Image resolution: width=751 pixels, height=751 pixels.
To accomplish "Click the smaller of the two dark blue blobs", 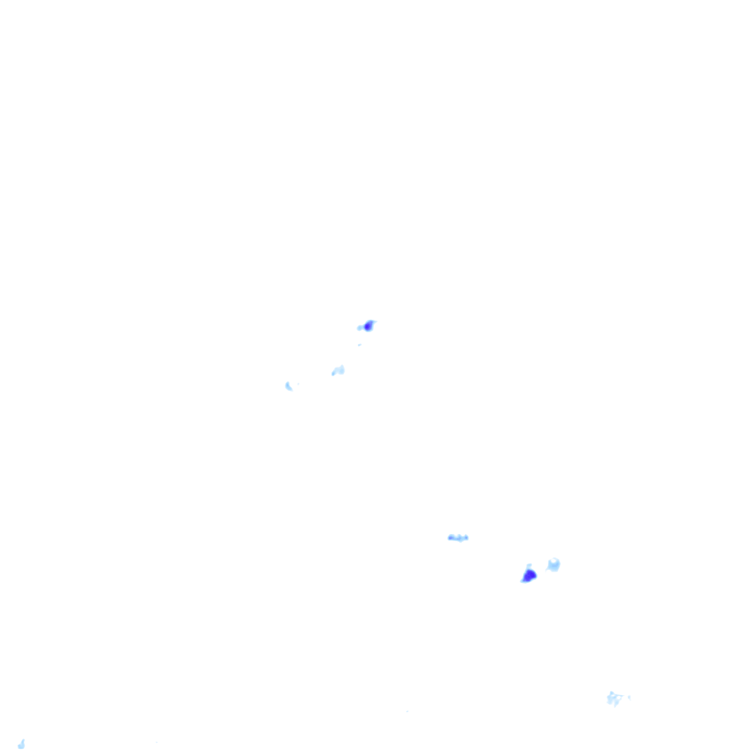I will click(x=368, y=326).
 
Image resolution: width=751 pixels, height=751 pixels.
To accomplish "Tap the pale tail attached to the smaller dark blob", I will click(x=360, y=328).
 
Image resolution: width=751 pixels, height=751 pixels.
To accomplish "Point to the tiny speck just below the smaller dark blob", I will click(x=359, y=344).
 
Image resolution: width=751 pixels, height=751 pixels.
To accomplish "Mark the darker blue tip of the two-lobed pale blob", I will click(x=334, y=373).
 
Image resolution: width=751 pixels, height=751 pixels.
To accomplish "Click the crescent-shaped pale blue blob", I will click(x=289, y=386).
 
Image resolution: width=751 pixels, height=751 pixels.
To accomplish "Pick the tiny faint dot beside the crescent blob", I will click(x=298, y=384).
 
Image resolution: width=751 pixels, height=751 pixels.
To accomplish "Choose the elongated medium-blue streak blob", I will click(x=458, y=538).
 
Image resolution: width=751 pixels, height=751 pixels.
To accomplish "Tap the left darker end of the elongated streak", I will click(x=451, y=538).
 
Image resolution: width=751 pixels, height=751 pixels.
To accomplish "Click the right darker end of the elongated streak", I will click(x=466, y=538).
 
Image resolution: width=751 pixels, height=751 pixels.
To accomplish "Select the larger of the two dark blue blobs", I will click(x=529, y=576).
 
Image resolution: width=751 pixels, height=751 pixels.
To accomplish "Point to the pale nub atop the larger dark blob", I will click(x=529, y=566).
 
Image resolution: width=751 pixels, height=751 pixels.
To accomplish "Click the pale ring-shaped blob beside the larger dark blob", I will click(x=554, y=565).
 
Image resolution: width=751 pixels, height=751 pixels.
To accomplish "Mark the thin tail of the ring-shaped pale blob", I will click(x=549, y=569).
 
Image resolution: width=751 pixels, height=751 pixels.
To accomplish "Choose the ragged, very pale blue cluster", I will click(x=614, y=698).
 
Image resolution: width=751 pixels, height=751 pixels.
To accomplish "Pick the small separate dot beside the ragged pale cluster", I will click(x=629, y=697).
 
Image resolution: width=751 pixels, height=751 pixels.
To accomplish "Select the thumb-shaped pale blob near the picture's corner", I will click(x=21, y=744).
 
